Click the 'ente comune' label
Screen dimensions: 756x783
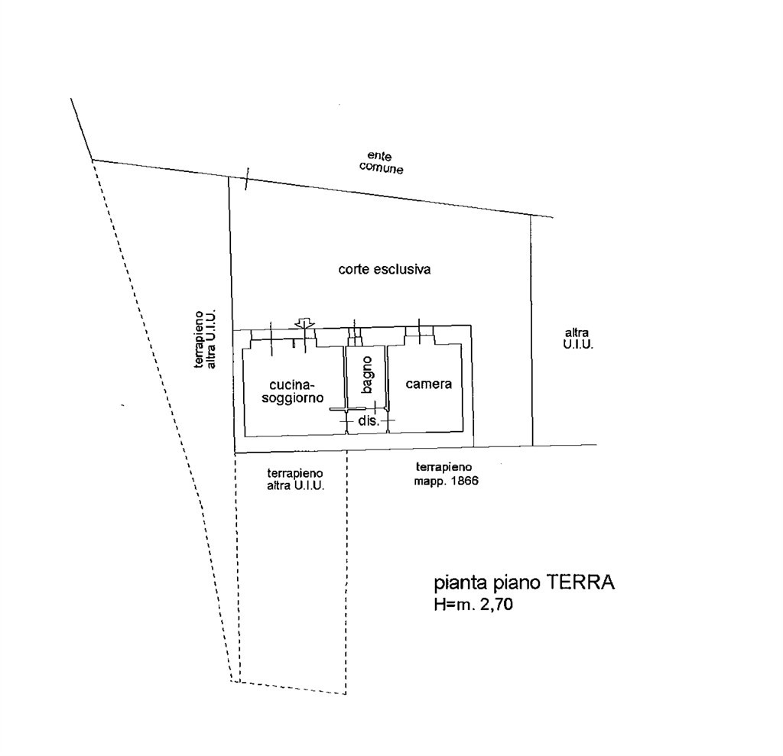point(381,162)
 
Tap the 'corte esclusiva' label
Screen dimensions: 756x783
point(385,269)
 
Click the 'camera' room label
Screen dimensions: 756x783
point(428,384)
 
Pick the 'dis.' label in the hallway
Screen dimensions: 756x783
point(368,421)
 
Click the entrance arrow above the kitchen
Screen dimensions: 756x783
point(305,324)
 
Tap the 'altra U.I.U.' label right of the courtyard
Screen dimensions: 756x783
point(577,339)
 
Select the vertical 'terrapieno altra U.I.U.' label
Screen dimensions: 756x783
point(204,339)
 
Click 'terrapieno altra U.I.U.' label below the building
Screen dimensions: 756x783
point(295,479)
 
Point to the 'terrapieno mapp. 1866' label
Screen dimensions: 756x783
point(445,474)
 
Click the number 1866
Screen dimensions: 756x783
point(463,482)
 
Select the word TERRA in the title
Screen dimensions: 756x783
point(580,582)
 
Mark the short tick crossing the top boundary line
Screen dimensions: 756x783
point(246,179)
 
